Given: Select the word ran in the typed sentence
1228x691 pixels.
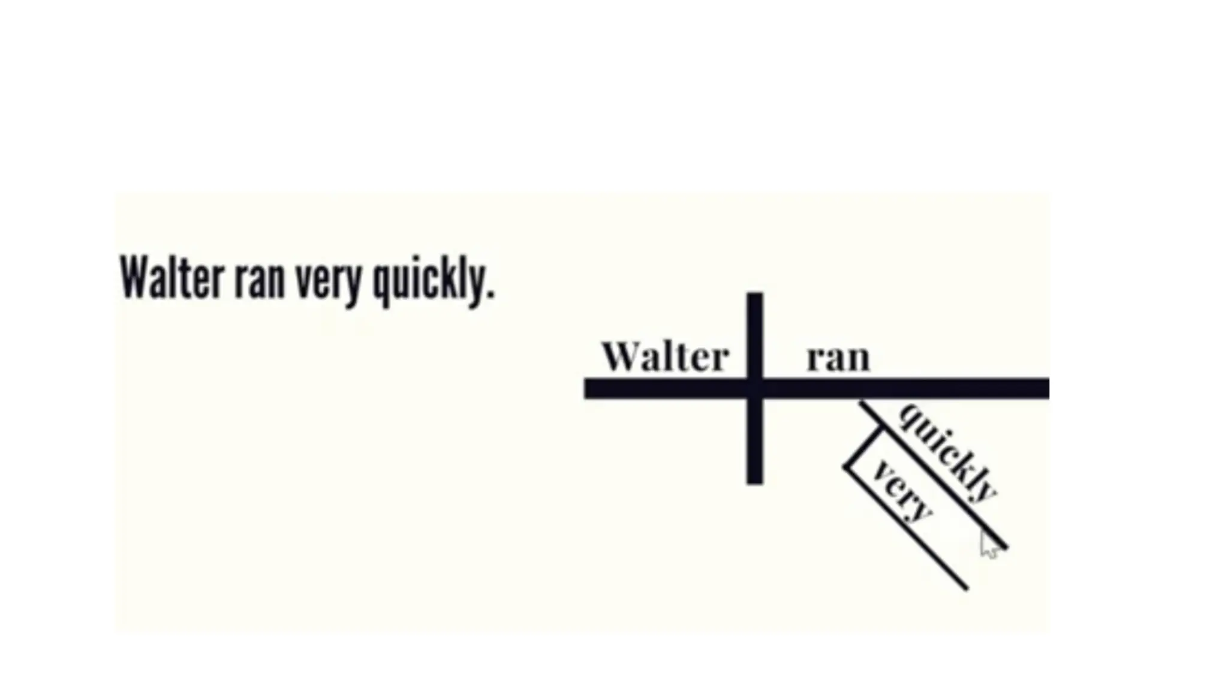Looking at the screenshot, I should (x=260, y=281).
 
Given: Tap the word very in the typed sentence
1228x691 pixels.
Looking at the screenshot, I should (x=329, y=282).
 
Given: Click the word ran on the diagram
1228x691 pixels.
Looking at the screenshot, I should (x=838, y=358).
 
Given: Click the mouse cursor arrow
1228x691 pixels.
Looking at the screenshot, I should (x=988, y=544).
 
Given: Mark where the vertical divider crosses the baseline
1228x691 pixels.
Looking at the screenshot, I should (x=755, y=389).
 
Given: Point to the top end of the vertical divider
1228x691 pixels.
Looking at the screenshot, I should (x=755, y=295).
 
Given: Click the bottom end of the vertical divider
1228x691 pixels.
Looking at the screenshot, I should (x=755, y=481).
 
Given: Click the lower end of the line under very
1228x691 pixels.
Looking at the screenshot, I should (x=965, y=587).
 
